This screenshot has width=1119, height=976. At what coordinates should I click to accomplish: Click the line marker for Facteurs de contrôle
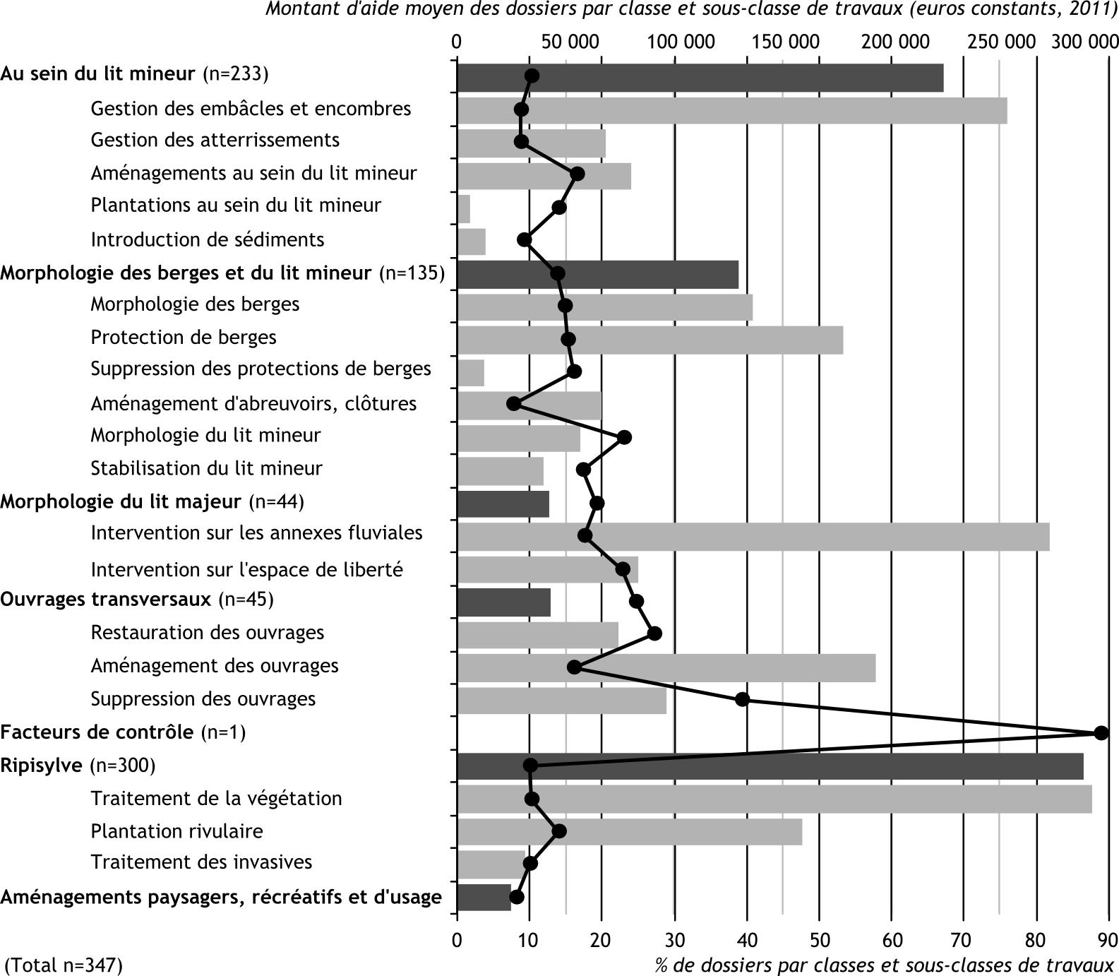[x=1101, y=733]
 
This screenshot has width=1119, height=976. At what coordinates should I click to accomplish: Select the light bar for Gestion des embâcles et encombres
[x=732, y=110]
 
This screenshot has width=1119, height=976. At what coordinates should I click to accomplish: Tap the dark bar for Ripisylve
[x=770, y=766]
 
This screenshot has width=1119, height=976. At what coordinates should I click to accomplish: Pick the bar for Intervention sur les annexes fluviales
[x=753, y=537]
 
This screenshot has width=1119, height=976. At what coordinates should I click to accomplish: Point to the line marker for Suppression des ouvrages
[x=742, y=700]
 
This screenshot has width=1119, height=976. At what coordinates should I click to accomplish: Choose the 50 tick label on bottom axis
[x=819, y=940]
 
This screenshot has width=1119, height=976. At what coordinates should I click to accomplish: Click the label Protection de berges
[x=184, y=338]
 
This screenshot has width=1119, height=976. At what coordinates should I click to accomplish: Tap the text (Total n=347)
[x=64, y=965]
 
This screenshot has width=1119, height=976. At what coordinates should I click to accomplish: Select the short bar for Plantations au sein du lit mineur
[x=464, y=209]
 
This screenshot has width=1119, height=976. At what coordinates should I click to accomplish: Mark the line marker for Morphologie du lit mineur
[x=624, y=438]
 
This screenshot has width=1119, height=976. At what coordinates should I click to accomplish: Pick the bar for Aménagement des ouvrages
[x=666, y=668]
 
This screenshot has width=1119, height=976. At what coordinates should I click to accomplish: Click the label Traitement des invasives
[x=201, y=862]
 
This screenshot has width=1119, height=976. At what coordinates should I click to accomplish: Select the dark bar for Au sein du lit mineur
[x=700, y=78]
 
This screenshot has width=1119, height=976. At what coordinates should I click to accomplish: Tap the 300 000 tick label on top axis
[x=1085, y=42]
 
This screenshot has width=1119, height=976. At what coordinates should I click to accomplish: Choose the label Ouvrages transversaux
[x=106, y=600]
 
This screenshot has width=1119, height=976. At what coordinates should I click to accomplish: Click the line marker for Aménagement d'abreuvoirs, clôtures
[x=514, y=404]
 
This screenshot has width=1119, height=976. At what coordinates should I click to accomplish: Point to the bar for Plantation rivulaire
[x=630, y=832]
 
